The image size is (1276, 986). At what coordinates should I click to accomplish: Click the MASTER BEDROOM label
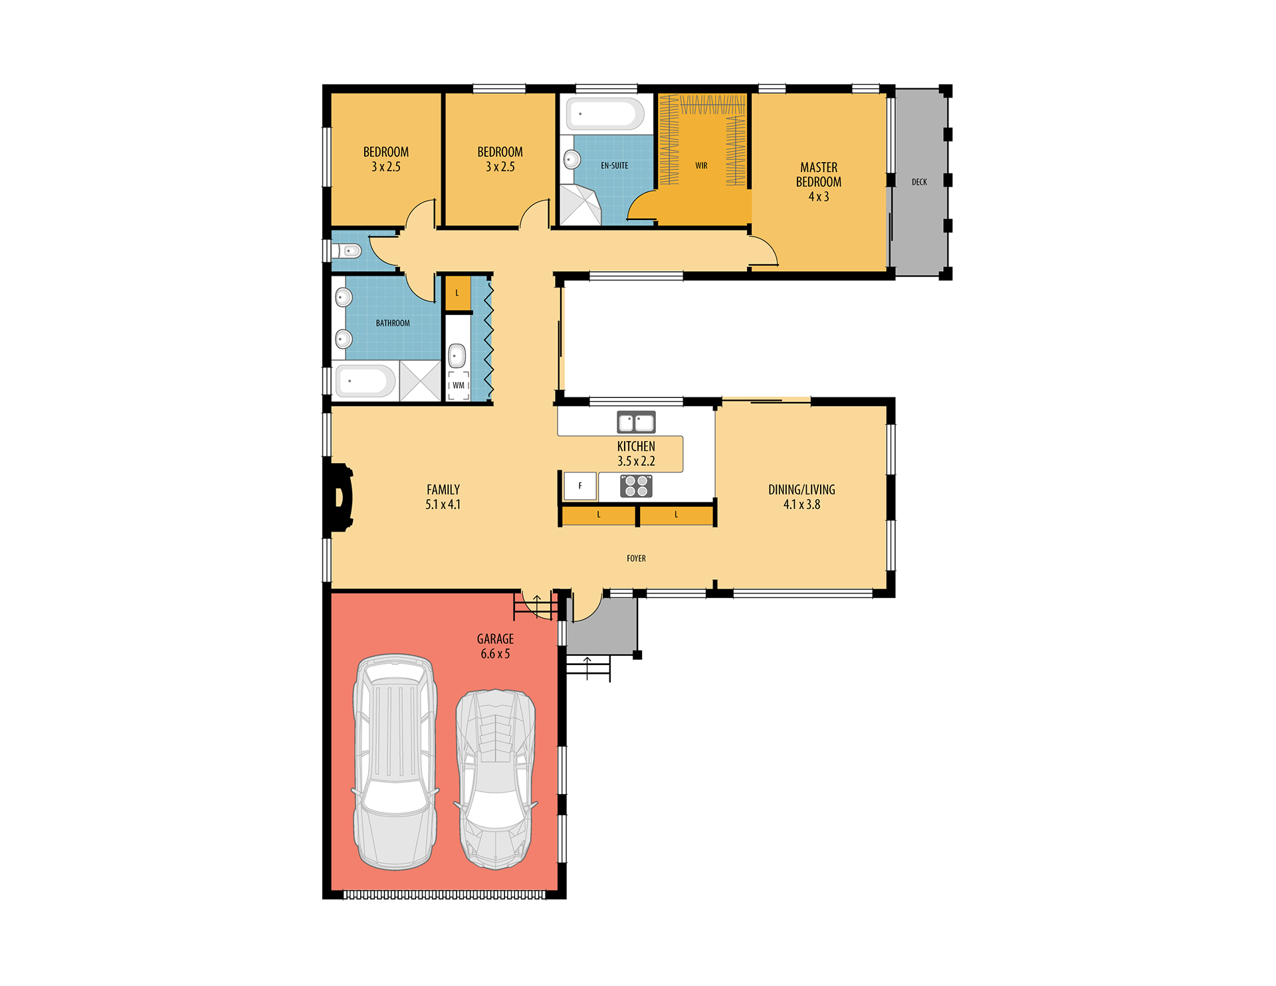(x=819, y=182)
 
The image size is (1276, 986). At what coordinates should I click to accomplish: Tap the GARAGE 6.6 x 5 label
(x=495, y=646)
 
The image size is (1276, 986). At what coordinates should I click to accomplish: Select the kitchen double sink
(x=636, y=422)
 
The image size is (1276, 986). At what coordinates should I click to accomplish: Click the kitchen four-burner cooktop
(x=636, y=486)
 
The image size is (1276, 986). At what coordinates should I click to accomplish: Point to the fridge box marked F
(x=580, y=486)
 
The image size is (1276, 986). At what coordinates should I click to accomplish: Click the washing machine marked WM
(x=459, y=385)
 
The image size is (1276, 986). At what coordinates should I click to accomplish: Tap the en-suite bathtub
(x=605, y=114)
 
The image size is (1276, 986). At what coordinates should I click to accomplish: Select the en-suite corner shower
(x=580, y=205)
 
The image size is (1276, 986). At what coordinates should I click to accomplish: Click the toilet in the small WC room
(x=347, y=251)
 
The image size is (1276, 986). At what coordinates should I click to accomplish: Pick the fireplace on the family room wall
(x=340, y=498)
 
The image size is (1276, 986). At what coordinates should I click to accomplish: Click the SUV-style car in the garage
(x=395, y=762)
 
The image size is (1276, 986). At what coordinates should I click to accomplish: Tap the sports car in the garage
(x=496, y=779)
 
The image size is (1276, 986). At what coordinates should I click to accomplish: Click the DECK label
(x=919, y=182)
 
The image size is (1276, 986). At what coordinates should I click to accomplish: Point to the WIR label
(x=701, y=165)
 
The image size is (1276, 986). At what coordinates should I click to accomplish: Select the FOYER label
(x=636, y=559)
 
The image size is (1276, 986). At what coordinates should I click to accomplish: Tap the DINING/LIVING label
(x=801, y=497)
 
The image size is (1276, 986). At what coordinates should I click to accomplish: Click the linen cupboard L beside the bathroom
(x=457, y=293)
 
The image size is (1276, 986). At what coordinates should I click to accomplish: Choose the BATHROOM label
(x=393, y=324)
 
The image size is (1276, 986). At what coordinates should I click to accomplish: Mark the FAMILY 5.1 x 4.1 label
(x=443, y=497)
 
